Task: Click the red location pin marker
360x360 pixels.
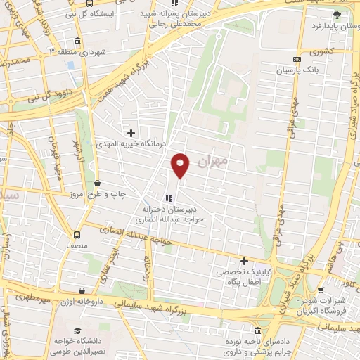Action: (x=181, y=165)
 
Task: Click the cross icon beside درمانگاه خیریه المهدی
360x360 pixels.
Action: (x=130, y=132)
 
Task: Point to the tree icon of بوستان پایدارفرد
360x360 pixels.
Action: (x=337, y=14)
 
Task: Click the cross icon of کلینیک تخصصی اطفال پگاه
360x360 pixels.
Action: (x=244, y=262)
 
